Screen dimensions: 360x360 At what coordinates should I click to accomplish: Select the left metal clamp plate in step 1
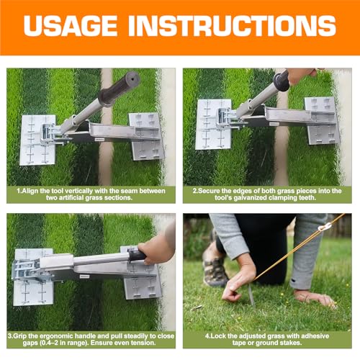point(37,139)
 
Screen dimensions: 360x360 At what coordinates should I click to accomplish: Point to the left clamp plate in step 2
point(212,124)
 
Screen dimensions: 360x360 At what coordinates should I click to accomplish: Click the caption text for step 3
point(91,339)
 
